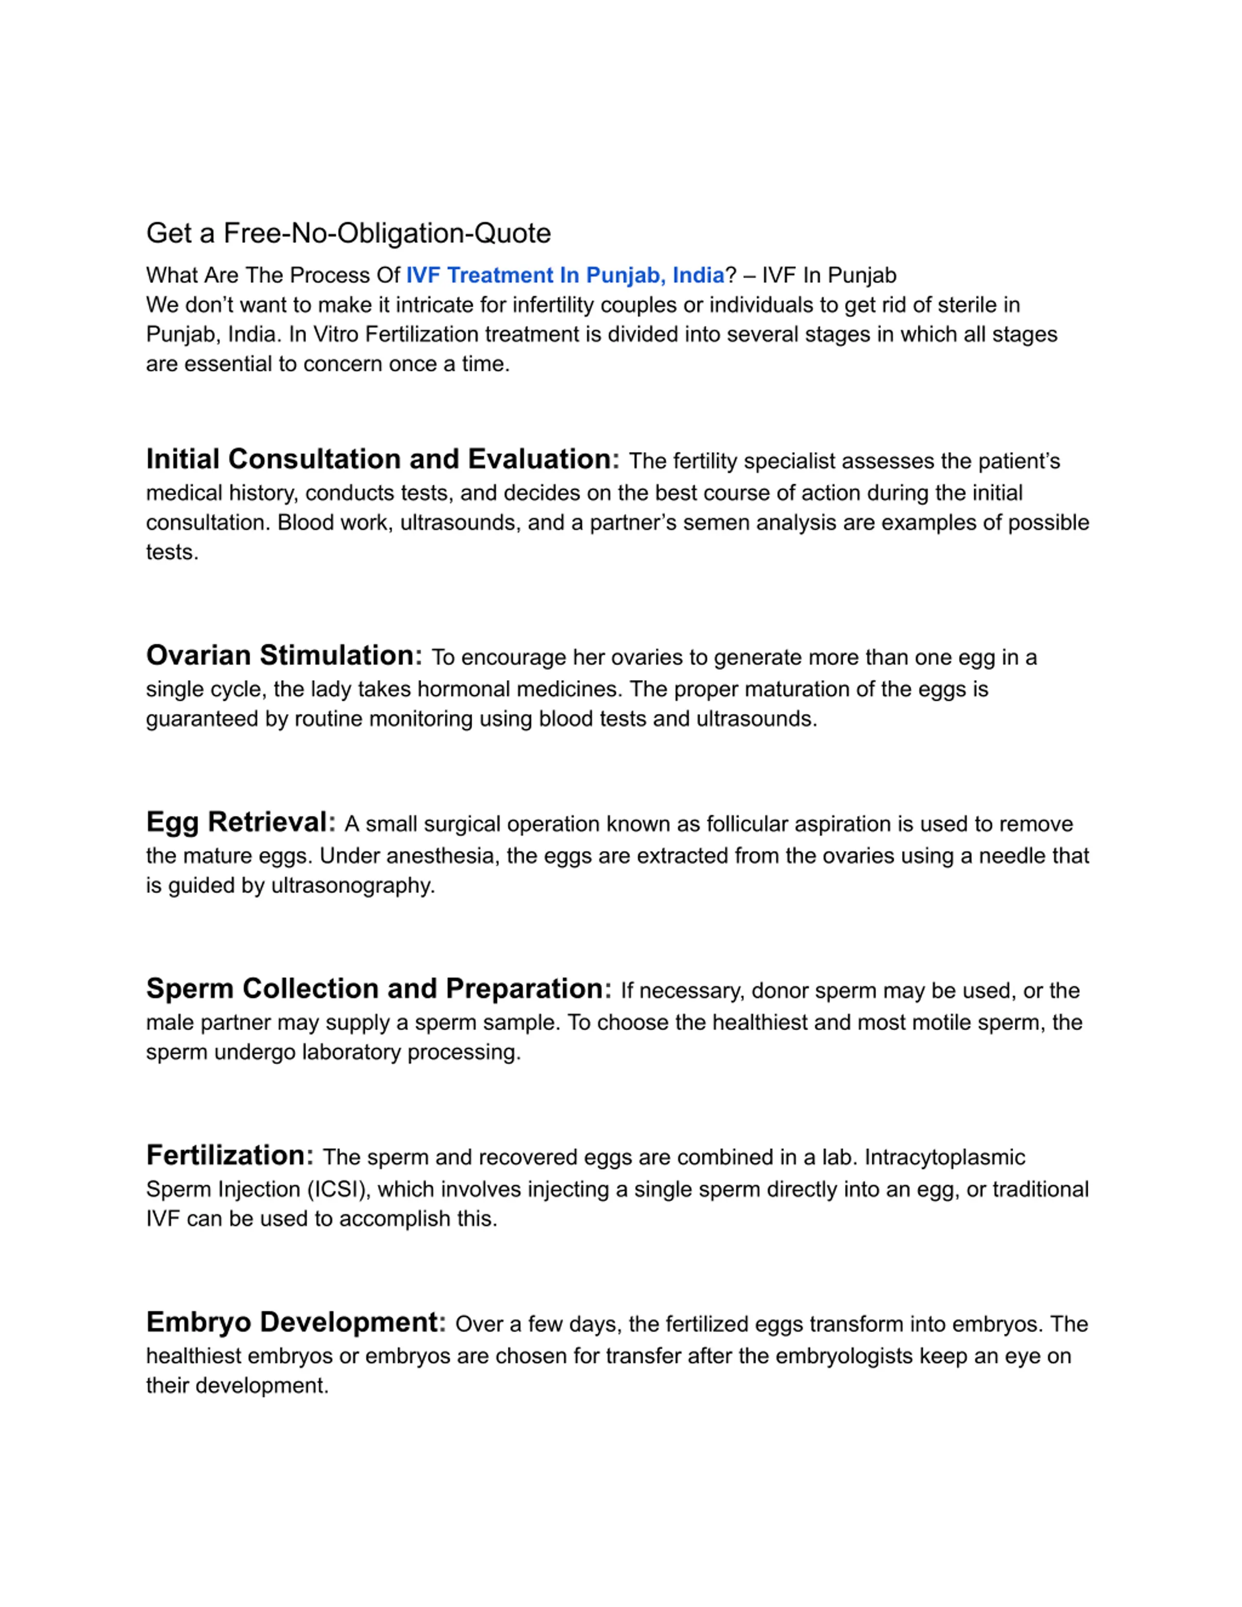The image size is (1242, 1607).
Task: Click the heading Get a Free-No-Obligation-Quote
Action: [348, 233]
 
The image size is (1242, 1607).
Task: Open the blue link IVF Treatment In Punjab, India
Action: [565, 275]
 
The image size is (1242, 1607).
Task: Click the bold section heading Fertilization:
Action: [229, 1155]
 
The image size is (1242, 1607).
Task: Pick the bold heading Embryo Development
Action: [296, 1322]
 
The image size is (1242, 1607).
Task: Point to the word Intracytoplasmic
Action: [944, 1157]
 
